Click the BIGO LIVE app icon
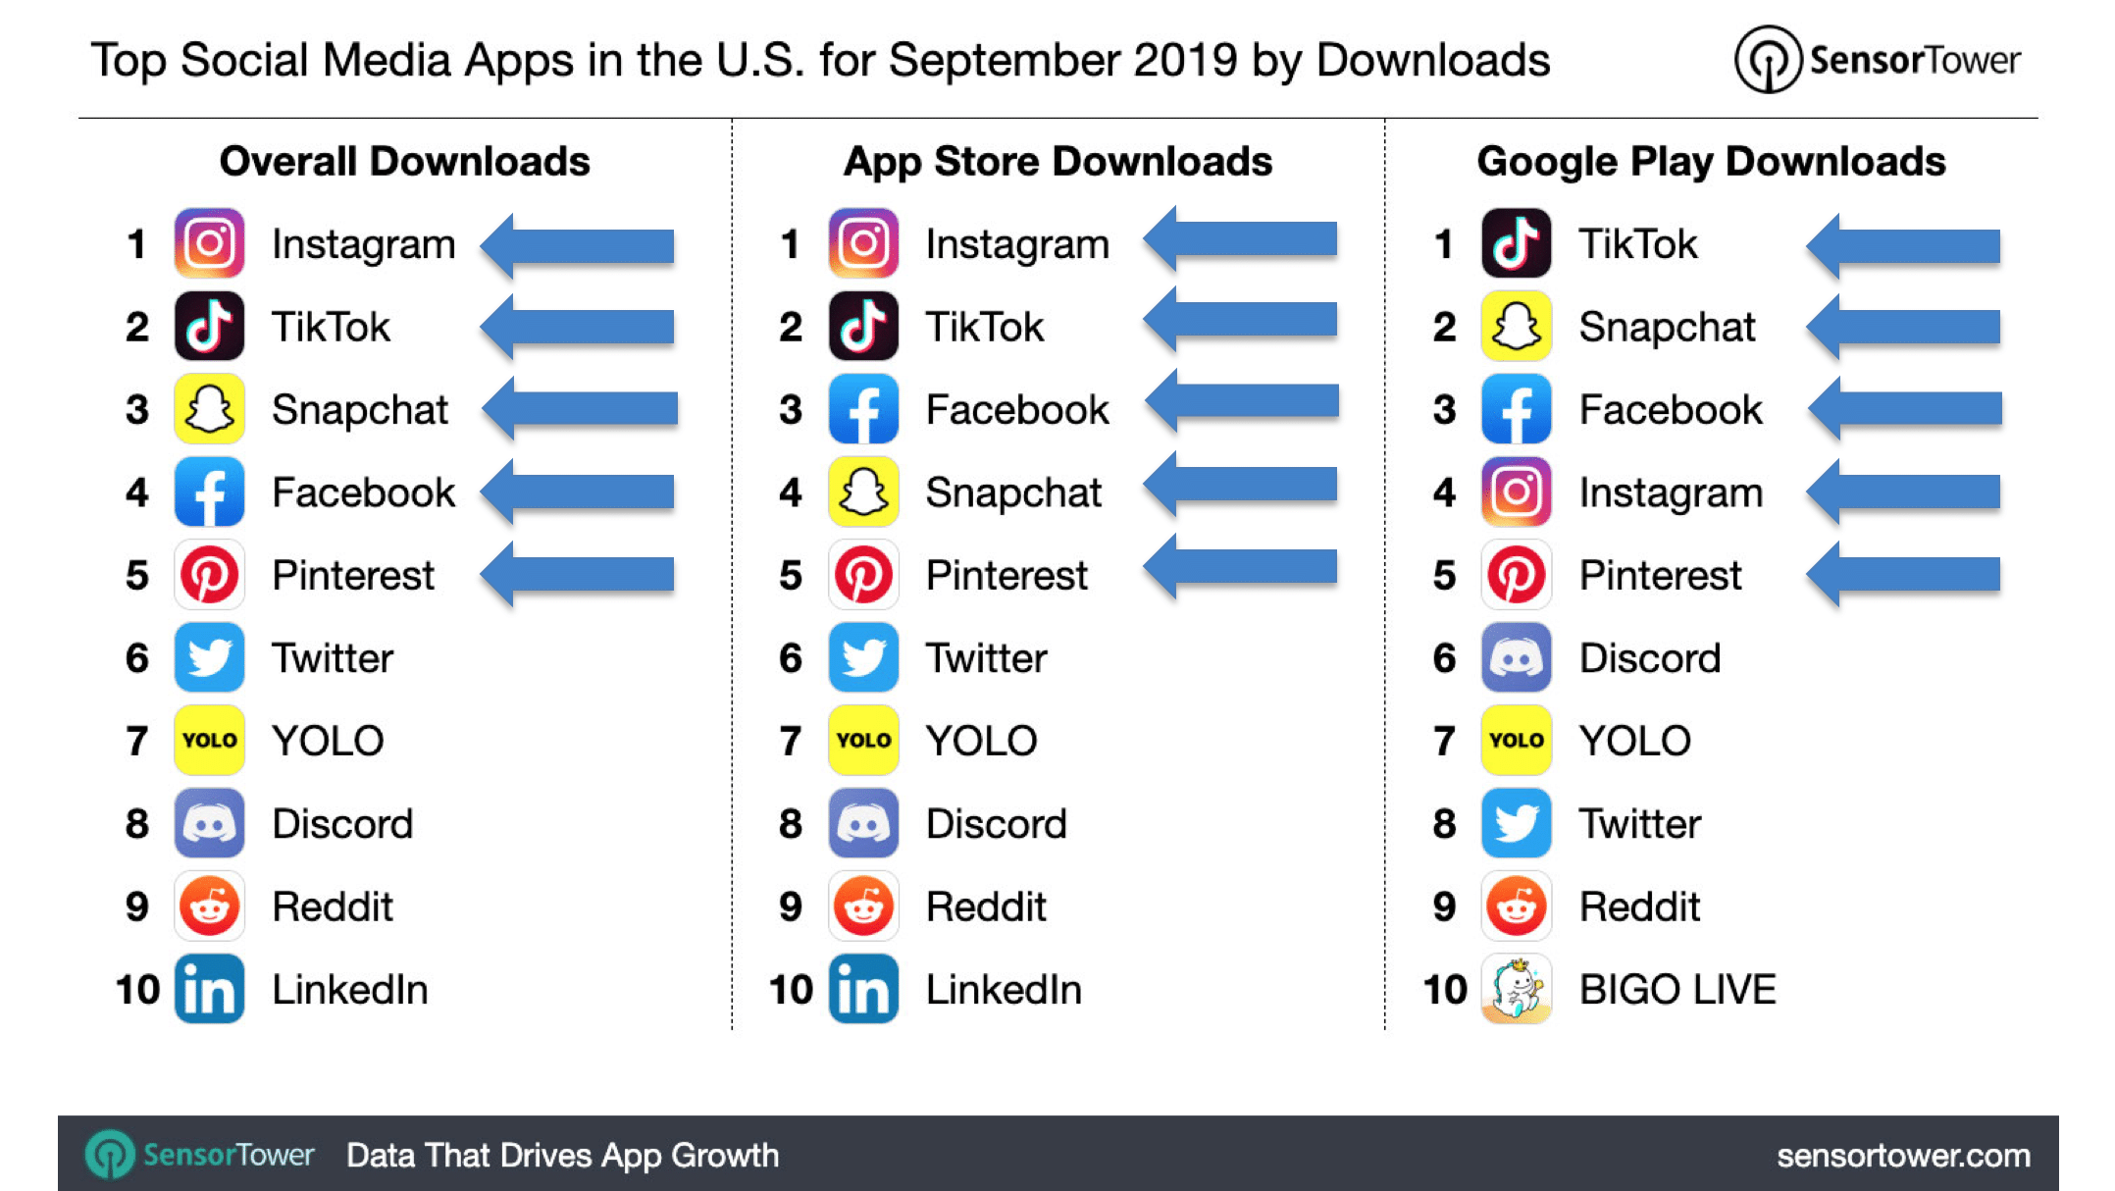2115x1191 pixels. (x=1516, y=989)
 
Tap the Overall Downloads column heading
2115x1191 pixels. (x=404, y=162)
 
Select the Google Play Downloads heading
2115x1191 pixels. (x=1711, y=162)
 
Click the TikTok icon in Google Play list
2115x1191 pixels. (x=1516, y=243)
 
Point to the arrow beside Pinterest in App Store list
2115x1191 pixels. (x=1241, y=568)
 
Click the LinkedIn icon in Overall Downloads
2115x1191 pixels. (x=209, y=989)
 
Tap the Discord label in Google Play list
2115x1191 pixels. (x=1650, y=658)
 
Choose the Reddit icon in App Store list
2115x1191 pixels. (x=863, y=906)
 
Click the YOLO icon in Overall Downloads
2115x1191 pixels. (x=209, y=741)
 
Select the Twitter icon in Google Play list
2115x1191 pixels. (x=1516, y=824)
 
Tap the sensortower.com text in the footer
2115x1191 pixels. (x=1903, y=1156)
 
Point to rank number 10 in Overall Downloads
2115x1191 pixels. (x=137, y=989)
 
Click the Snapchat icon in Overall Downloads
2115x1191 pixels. (x=209, y=409)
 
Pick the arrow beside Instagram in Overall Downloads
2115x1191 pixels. (x=579, y=245)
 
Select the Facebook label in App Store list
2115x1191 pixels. (x=1017, y=410)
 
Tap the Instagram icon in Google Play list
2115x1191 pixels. (x=1516, y=492)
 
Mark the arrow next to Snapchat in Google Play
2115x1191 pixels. (x=1903, y=328)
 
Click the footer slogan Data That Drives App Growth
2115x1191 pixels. (x=562, y=1156)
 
